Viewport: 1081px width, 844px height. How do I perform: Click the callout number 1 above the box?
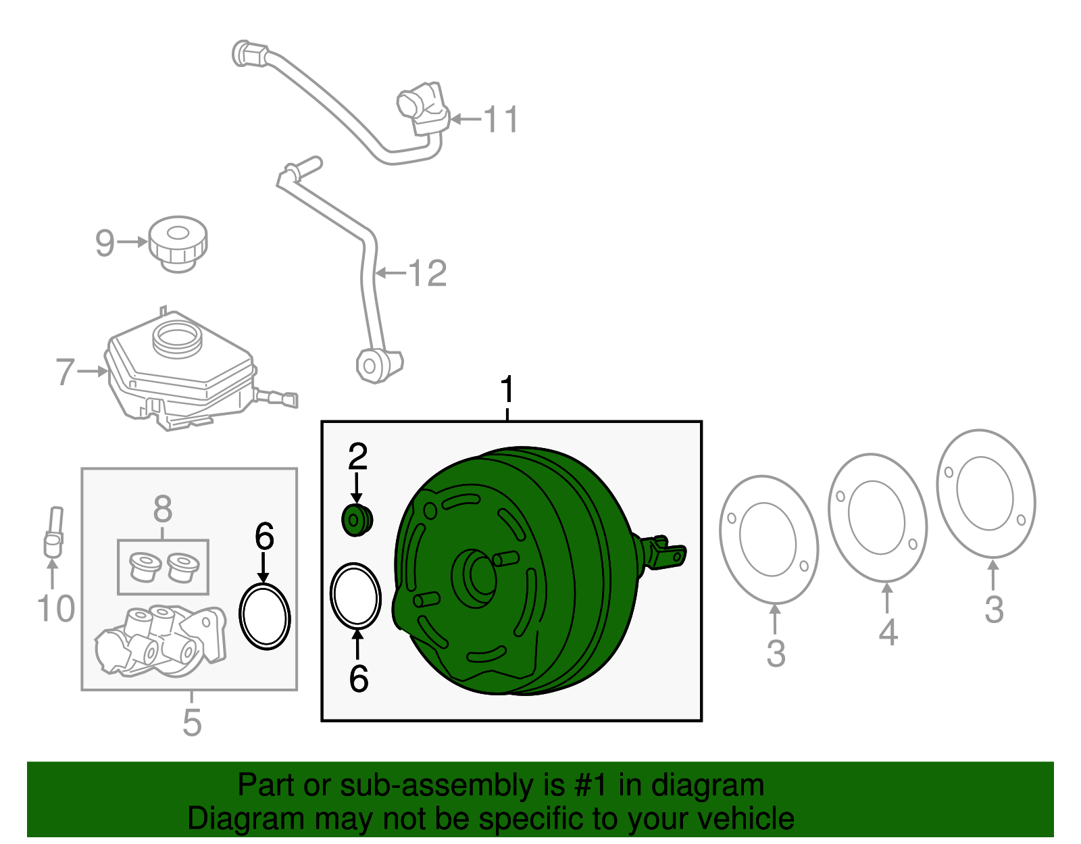point(507,391)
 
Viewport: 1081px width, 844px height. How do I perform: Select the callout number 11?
point(501,120)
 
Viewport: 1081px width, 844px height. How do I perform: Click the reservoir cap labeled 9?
point(178,244)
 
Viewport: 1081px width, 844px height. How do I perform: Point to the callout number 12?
point(428,274)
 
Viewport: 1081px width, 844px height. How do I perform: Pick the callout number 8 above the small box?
point(163,510)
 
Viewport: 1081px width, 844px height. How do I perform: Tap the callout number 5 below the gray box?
point(192,722)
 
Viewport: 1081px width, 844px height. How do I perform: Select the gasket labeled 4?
point(877,518)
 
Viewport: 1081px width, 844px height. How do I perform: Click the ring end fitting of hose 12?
point(371,366)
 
